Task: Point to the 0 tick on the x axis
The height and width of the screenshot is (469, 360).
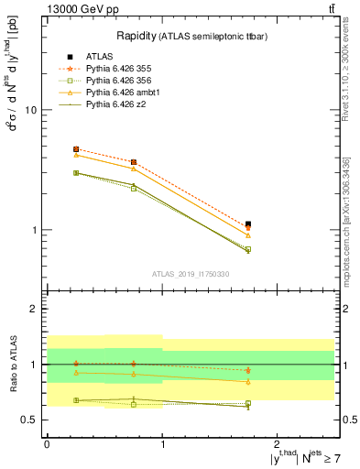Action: click(x=47, y=442)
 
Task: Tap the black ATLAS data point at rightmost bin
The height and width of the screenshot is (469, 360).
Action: click(x=248, y=224)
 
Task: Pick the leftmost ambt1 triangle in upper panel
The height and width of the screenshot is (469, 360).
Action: click(x=76, y=155)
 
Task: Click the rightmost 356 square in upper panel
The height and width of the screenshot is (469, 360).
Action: click(x=248, y=249)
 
